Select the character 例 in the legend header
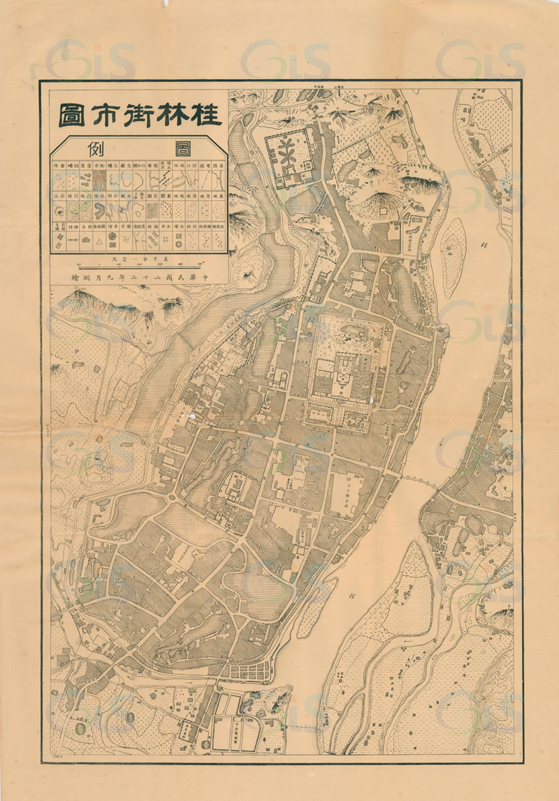(x=98, y=148)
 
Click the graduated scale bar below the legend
(x=140, y=265)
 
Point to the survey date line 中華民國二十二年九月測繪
(x=140, y=278)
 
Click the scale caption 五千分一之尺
(x=140, y=257)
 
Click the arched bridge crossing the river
(x=421, y=481)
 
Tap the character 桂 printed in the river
(x=484, y=246)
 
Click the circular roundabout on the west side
(x=173, y=498)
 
